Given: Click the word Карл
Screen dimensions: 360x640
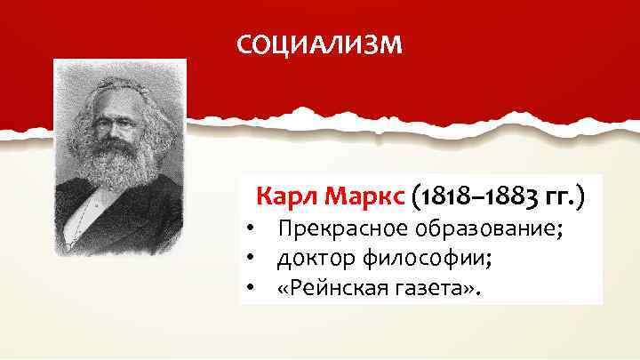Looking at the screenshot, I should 284,196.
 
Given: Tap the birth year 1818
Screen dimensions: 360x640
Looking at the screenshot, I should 438,196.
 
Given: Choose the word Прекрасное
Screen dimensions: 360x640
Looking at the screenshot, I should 332,231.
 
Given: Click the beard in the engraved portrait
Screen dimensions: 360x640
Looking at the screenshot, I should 118,164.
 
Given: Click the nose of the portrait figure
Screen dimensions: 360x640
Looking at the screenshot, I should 113,129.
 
